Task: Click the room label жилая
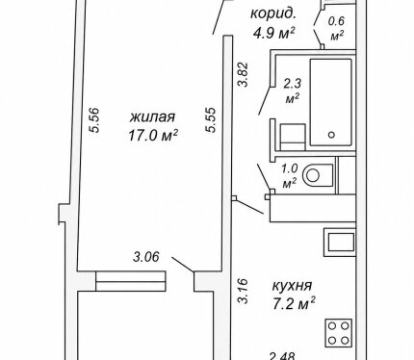click(153, 117)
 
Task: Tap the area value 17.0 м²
click(153, 136)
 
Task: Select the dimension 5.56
click(95, 120)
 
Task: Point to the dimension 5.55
click(211, 120)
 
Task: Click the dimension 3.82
click(243, 74)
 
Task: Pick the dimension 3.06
click(146, 257)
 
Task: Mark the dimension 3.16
click(243, 291)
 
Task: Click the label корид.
click(272, 14)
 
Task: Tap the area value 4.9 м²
click(274, 33)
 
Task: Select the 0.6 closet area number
click(336, 21)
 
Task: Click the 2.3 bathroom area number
click(293, 84)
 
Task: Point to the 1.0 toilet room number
click(290, 168)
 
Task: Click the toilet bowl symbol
click(318, 175)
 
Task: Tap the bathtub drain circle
click(332, 135)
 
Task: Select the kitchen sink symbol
click(341, 243)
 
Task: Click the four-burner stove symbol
click(339, 333)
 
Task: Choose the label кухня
click(292, 286)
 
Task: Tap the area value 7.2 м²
click(294, 304)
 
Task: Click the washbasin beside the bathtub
click(293, 137)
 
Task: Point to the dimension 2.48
click(282, 356)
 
